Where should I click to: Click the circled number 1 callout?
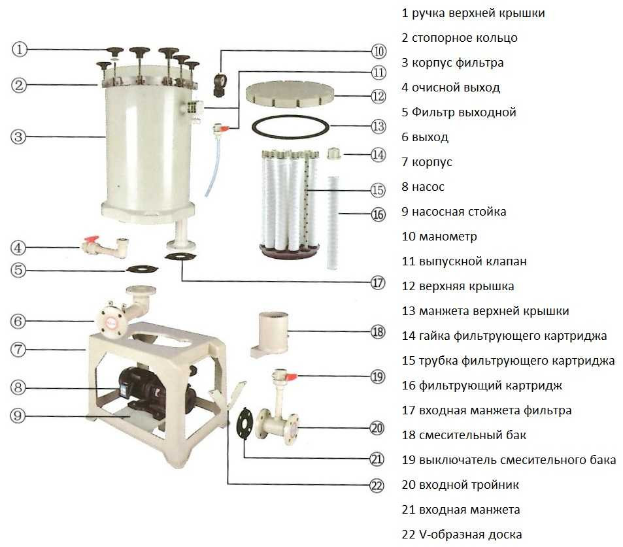point(20,49)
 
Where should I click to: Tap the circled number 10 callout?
point(379,50)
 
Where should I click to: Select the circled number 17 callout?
point(377,283)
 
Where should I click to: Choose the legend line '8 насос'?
point(423,186)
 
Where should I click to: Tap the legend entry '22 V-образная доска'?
point(462,534)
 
